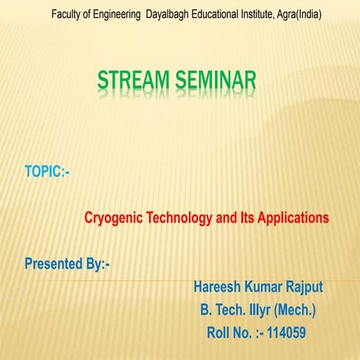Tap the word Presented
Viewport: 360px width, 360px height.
pos(55,264)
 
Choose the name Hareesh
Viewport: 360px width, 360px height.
pos(218,286)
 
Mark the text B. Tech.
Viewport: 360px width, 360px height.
pos(223,309)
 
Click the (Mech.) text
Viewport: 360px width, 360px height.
pos(295,309)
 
